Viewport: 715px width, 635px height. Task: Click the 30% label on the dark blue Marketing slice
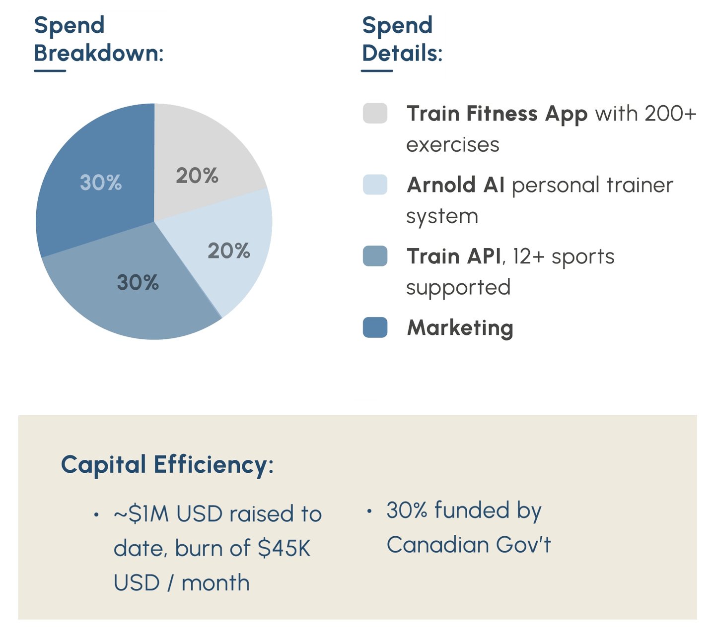coord(101,183)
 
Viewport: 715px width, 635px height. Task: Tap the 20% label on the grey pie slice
coord(197,176)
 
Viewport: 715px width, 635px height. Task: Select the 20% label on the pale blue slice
coord(229,251)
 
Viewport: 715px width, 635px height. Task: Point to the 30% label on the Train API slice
coord(138,282)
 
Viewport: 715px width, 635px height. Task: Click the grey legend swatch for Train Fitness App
coord(375,113)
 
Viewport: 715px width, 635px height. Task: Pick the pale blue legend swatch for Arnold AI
coord(375,185)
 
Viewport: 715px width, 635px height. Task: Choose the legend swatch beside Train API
coord(375,255)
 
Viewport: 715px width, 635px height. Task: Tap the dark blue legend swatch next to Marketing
coord(375,327)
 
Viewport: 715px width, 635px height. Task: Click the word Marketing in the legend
coord(460,328)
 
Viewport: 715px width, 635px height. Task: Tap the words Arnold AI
coord(455,185)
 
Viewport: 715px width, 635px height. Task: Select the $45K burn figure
coord(284,548)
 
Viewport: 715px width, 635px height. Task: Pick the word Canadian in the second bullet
coord(437,545)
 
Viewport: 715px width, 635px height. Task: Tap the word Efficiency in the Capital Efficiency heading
coord(211,465)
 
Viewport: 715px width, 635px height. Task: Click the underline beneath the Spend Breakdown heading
coord(50,71)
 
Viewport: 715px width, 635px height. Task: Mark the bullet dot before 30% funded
coord(369,511)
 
